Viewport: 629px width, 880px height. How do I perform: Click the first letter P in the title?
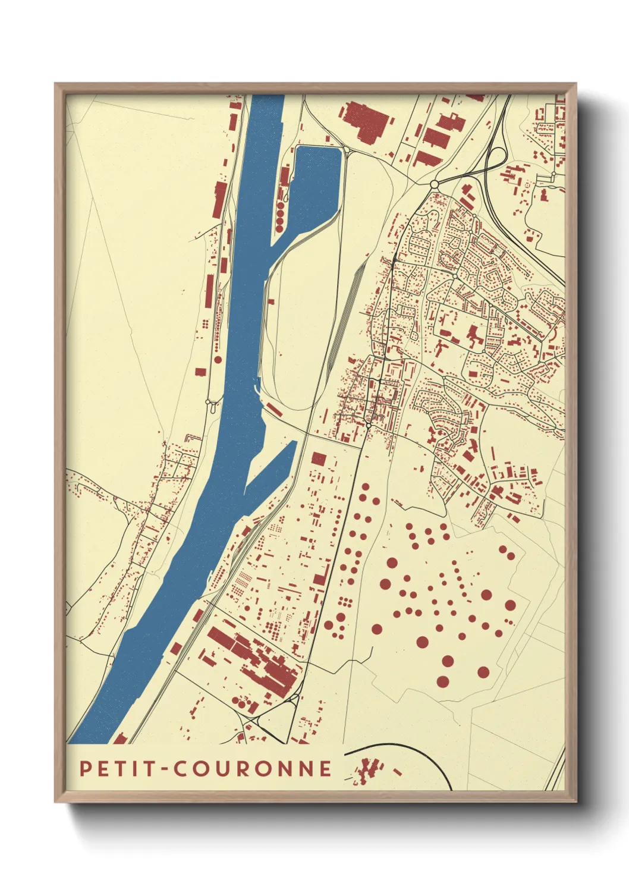(86, 768)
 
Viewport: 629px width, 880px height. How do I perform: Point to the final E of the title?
(325, 768)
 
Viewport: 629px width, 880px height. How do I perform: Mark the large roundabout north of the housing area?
(434, 184)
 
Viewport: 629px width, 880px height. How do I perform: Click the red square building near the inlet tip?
(319, 458)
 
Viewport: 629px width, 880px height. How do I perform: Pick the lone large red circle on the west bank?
(218, 359)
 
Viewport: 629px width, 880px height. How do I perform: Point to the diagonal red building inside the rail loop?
(273, 409)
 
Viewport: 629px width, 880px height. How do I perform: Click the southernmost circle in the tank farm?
(442, 681)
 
